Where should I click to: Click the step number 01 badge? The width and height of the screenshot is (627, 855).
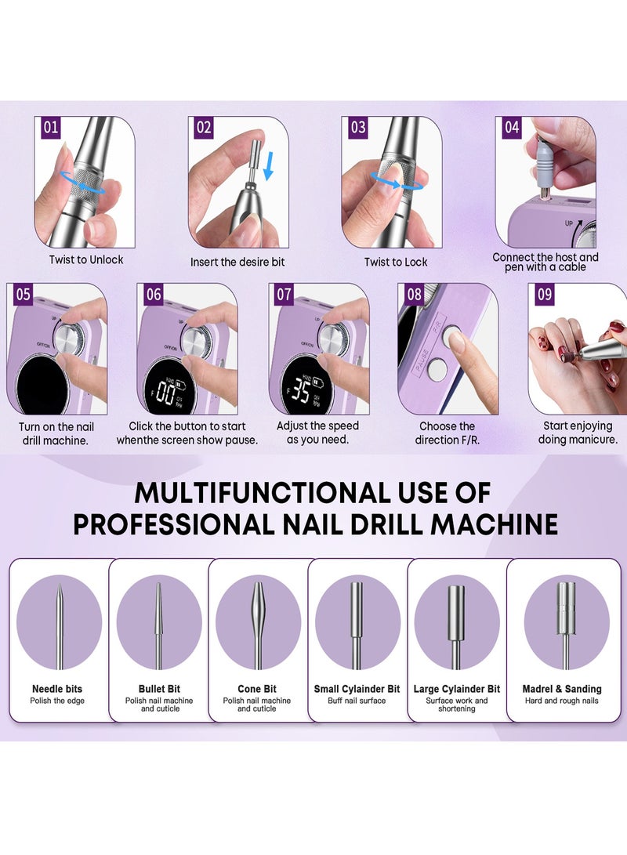[51, 128]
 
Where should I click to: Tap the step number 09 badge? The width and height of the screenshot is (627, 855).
[545, 295]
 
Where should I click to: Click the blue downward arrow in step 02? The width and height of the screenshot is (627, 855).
[268, 166]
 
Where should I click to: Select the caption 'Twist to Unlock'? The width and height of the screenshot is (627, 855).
[86, 259]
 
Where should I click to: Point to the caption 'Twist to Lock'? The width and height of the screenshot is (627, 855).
[396, 262]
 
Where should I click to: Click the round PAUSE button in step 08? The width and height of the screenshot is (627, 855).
[437, 369]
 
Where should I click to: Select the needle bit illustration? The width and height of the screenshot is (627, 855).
[60, 626]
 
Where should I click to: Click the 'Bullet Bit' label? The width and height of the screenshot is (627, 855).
[159, 689]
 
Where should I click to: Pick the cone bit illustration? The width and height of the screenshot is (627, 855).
[259, 626]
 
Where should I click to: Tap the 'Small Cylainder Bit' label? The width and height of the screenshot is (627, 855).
[357, 689]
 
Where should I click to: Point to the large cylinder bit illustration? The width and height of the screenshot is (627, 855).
[457, 627]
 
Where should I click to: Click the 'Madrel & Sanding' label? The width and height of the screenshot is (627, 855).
[562, 689]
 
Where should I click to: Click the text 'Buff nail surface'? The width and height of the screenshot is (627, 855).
[357, 701]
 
